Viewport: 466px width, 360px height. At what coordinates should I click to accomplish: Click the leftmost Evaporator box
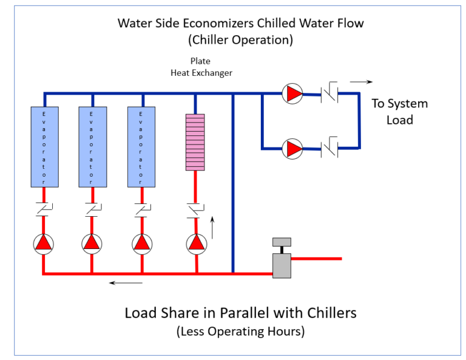(x=44, y=146)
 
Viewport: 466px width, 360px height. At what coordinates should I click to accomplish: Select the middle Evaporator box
(x=92, y=146)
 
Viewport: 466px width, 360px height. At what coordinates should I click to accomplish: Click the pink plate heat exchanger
(x=195, y=141)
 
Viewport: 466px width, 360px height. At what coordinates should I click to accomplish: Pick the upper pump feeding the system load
(x=293, y=93)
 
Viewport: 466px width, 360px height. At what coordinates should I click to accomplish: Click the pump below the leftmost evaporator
(x=44, y=243)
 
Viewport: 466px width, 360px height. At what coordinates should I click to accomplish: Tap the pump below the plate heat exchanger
(x=195, y=243)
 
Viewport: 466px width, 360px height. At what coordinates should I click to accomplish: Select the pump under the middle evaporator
(x=92, y=243)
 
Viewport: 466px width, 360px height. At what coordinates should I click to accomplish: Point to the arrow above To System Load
(x=362, y=81)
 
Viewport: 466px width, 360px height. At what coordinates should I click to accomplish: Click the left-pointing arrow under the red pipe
(x=126, y=282)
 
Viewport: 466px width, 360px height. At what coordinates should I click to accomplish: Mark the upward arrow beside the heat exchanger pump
(x=212, y=228)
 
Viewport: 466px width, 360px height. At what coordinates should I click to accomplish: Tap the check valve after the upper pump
(x=329, y=93)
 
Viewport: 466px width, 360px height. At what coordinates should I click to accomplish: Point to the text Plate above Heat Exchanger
(x=200, y=61)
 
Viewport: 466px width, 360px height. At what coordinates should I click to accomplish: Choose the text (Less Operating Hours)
(x=241, y=331)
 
